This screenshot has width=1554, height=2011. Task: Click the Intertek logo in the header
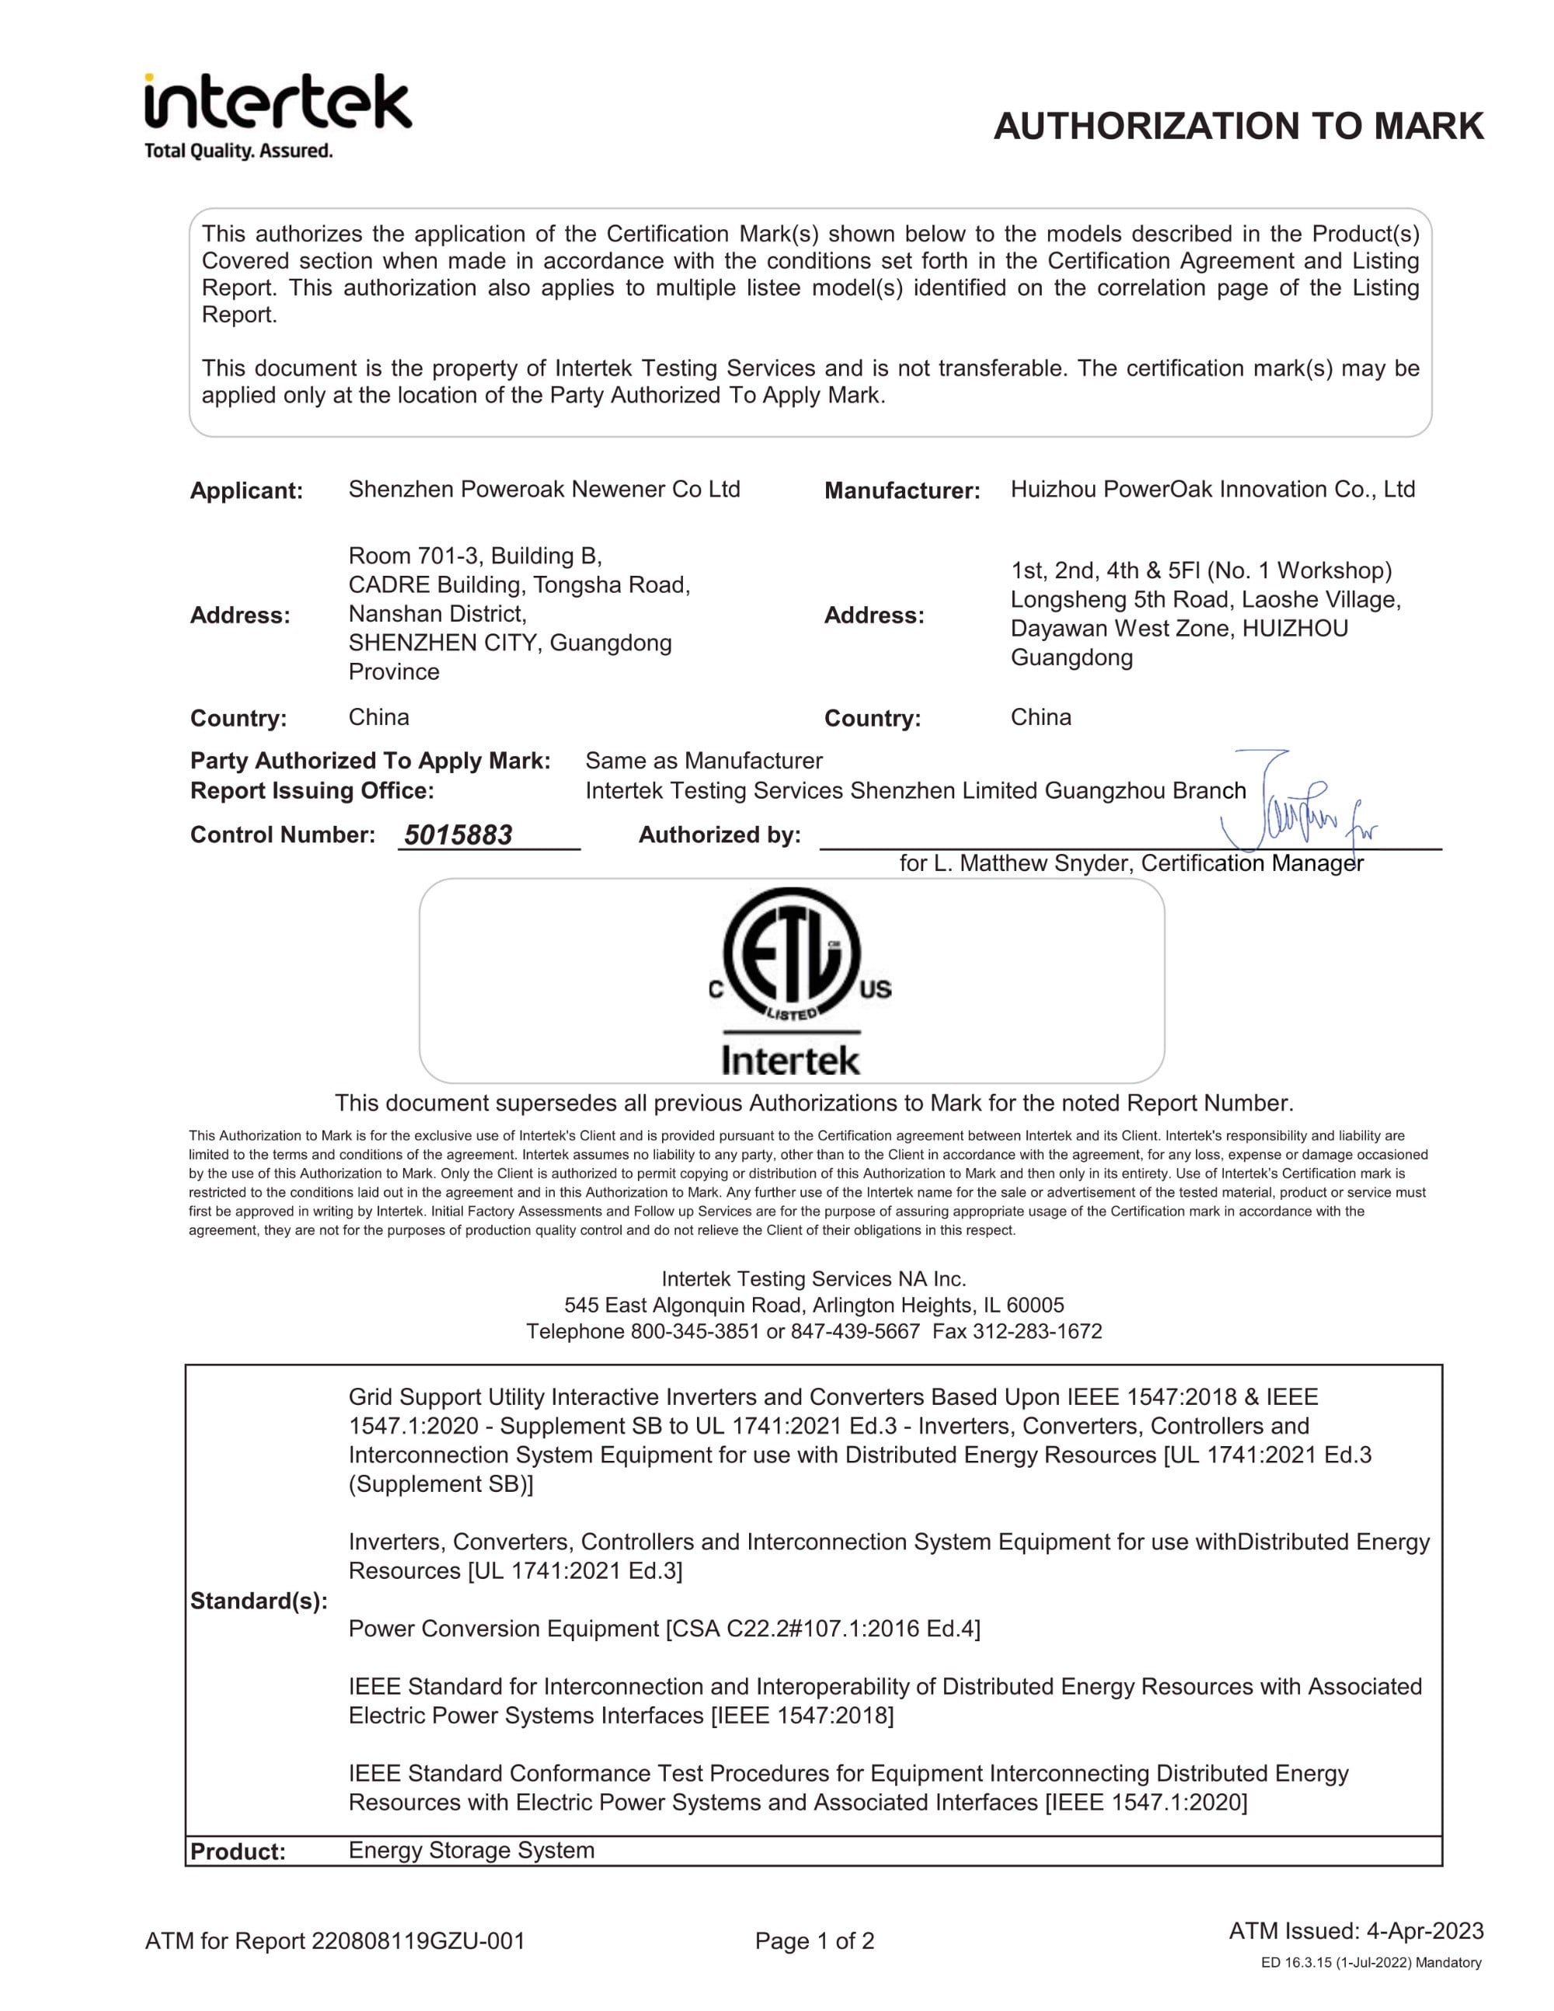(x=277, y=103)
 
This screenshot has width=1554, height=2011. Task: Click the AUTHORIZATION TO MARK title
(x=1239, y=126)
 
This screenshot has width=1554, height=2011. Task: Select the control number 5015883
(x=458, y=835)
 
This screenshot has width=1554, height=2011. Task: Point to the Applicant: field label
(x=246, y=491)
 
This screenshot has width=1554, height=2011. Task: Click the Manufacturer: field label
(x=901, y=491)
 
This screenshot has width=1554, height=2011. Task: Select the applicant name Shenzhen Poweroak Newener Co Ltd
(x=544, y=489)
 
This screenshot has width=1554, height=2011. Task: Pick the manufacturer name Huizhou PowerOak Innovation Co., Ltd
(x=1212, y=489)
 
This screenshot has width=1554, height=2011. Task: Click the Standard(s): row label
(x=259, y=1601)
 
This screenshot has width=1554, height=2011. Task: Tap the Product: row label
(x=238, y=1852)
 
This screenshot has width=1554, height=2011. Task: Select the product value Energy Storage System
(x=472, y=1850)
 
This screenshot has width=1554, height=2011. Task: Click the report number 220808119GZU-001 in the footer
(x=418, y=1941)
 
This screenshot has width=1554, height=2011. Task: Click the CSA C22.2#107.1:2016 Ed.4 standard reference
(x=823, y=1629)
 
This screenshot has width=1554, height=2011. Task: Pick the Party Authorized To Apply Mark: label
(x=370, y=761)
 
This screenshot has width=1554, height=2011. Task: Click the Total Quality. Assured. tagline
(x=239, y=151)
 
